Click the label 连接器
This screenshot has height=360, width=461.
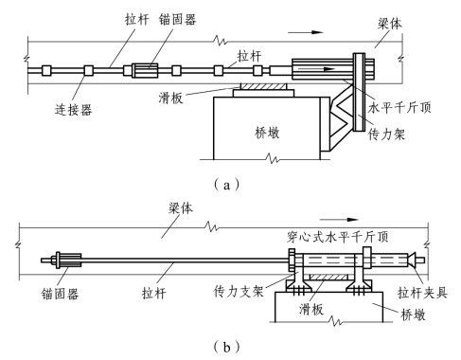point(73,110)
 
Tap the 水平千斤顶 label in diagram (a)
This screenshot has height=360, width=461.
point(399,108)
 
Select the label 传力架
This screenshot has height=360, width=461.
point(386,135)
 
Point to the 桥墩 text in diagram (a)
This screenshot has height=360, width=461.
point(267,133)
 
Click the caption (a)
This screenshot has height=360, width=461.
point(226,185)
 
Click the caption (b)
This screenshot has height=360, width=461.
point(226,348)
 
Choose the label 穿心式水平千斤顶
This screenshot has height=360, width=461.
point(338,237)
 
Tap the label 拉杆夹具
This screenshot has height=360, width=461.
point(422,293)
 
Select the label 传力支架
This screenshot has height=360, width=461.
point(239,291)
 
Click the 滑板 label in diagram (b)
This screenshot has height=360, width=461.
point(311,309)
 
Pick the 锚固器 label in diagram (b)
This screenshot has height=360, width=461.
point(60,294)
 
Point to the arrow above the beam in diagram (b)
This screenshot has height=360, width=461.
point(339,220)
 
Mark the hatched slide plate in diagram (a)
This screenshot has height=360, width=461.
point(263,86)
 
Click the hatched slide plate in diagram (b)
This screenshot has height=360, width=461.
point(328,277)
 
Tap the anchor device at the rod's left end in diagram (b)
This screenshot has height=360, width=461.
point(68,261)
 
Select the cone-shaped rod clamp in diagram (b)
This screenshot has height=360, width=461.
point(411,261)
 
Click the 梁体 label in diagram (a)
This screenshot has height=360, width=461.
point(390,24)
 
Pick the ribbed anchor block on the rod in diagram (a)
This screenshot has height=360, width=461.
point(145,70)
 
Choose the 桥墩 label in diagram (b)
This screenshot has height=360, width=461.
point(413,315)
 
